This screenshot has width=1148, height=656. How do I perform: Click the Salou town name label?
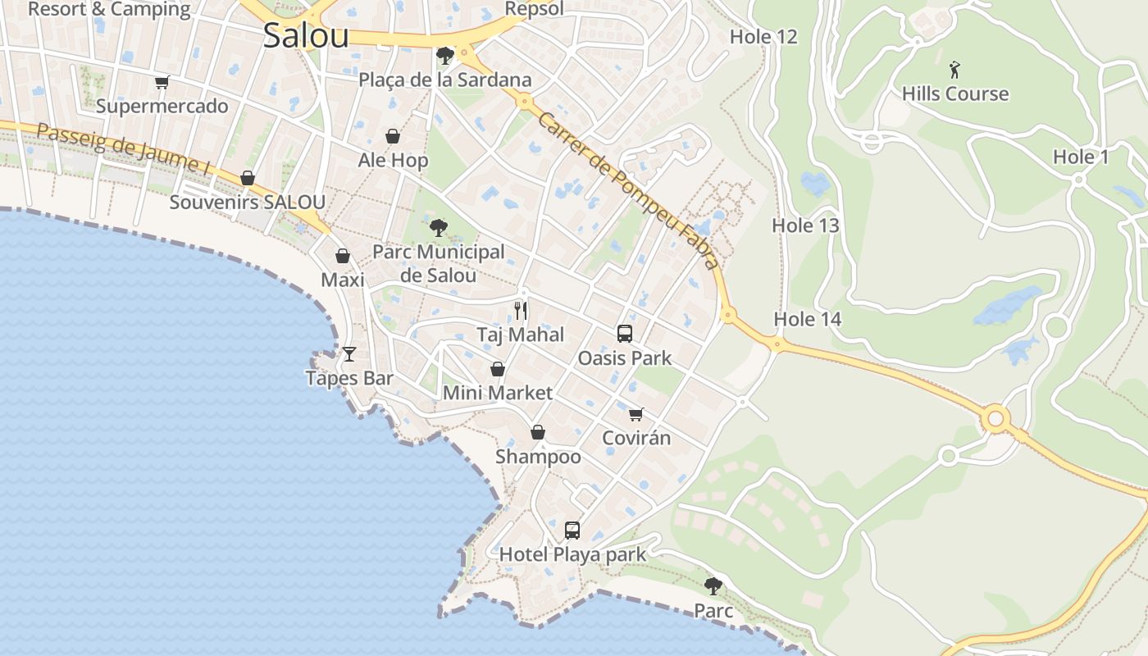click(x=306, y=35)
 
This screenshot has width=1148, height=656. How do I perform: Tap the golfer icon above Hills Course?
click(x=954, y=70)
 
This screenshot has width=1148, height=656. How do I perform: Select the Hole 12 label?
click(x=763, y=37)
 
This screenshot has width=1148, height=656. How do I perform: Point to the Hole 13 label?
click(x=805, y=225)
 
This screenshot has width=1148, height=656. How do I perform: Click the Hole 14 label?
click(x=808, y=319)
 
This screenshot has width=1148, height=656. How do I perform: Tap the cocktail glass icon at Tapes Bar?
click(x=349, y=354)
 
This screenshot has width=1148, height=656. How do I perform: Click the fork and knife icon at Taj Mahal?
click(x=521, y=310)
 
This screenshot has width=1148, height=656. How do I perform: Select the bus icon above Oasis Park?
click(x=625, y=334)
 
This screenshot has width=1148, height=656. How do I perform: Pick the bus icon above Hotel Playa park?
click(x=572, y=531)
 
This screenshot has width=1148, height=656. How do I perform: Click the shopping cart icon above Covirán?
click(x=636, y=414)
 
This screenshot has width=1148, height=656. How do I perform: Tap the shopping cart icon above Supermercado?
click(x=162, y=82)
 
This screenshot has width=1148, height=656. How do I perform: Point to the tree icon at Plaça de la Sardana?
click(x=445, y=56)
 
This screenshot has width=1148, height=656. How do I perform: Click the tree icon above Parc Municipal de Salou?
click(x=439, y=227)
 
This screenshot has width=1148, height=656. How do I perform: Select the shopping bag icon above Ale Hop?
click(x=393, y=136)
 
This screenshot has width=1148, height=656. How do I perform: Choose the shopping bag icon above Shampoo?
click(x=538, y=432)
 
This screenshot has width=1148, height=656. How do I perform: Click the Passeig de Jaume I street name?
click(x=123, y=148)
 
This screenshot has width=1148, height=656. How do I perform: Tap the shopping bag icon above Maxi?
click(x=343, y=257)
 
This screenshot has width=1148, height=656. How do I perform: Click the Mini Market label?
click(x=497, y=393)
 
